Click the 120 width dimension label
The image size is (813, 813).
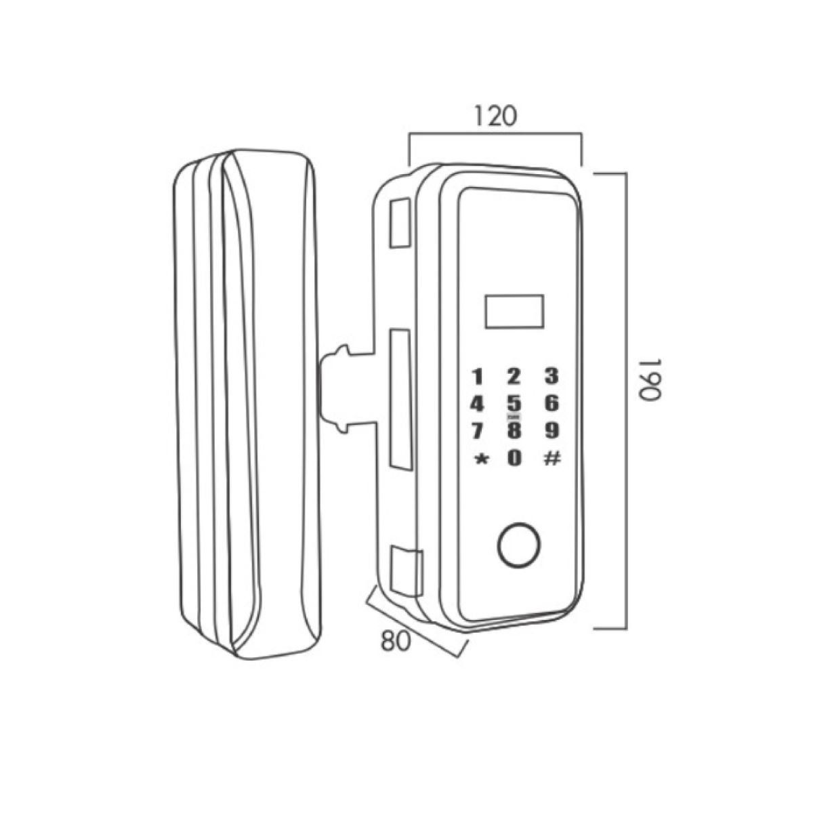[x=495, y=117]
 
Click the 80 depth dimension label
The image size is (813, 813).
[x=395, y=642]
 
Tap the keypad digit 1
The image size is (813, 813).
[x=477, y=377]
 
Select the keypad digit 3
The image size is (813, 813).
[x=551, y=377]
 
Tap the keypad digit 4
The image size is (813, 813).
[x=477, y=404]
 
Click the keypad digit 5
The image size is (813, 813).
[x=514, y=404]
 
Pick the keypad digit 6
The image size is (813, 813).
[x=551, y=404]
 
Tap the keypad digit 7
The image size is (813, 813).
[x=477, y=431]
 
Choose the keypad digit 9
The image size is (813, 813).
[x=551, y=431]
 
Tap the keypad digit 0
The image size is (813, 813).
[x=514, y=458]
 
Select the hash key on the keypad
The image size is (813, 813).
[x=552, y=459]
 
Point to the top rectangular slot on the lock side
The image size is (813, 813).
[x=400, y=222]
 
